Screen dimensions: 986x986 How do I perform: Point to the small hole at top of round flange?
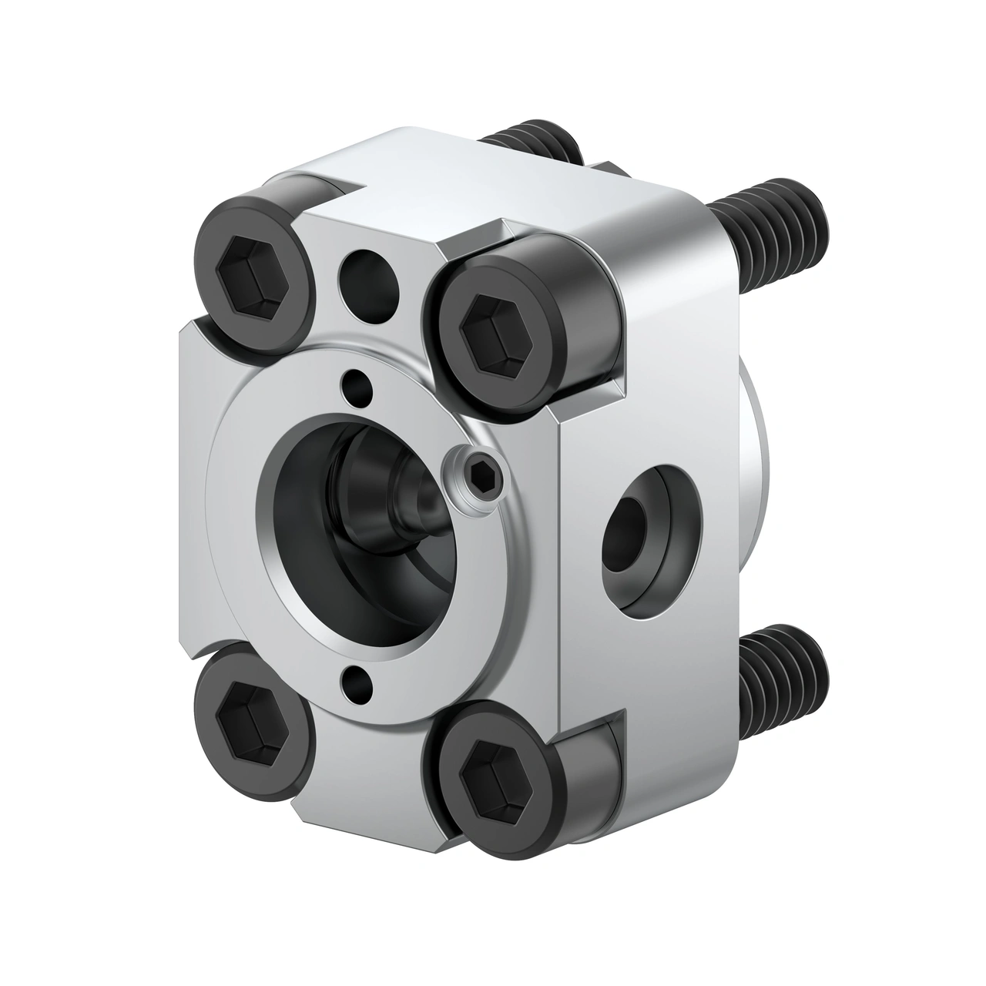point(355,381)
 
